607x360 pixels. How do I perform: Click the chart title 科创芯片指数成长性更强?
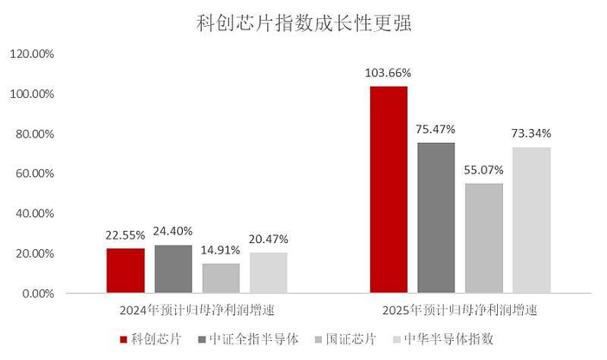[303, 23]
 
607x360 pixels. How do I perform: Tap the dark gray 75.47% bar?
[435, 217]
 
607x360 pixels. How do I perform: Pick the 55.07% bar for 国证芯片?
[484, 238]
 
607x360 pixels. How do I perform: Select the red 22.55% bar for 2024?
[126, 271]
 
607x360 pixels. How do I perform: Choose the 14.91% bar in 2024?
[221, 278]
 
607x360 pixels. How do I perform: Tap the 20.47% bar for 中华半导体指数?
[269, 272]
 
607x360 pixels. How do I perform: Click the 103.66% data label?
[388, 72]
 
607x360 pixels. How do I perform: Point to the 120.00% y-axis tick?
[32, 54]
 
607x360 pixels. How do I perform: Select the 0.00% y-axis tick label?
[37, 293]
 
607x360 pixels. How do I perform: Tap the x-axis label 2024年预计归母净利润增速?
[199, 310]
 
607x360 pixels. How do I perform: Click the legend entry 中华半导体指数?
[448, 338]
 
